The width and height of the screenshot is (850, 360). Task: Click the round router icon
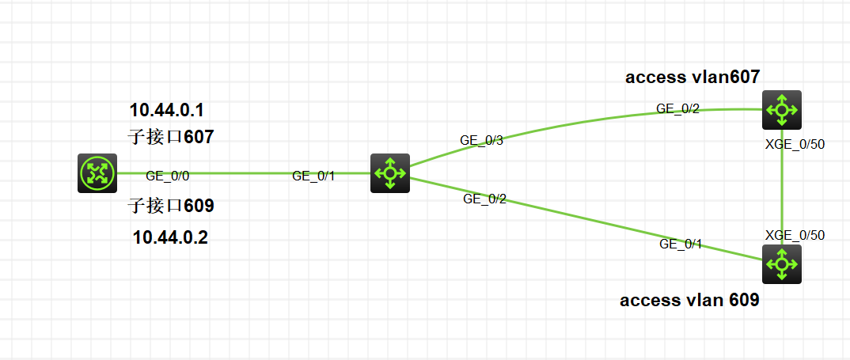pyautogui.click(x=97, y=173)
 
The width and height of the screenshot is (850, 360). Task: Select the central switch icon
pyautogui.click(x=390, y=173)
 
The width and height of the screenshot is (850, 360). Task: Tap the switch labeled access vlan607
pyautogui.click(x=782, y=110)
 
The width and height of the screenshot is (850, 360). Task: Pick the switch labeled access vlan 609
pyautogui.click(x=782, y=263)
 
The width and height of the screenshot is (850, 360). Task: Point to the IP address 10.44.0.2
pyautogui.click(x=170, y=237)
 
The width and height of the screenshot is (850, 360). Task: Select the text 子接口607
pyautogui.click(x=171, y=137)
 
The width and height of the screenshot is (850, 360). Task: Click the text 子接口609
pyautogui.click(x=171, y=207)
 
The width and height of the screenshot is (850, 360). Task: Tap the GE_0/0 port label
pyautogui.click(x=168, y=176)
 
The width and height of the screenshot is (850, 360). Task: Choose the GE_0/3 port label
pyautogui.click(x=482, y=140)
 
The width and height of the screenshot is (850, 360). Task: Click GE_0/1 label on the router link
pyautogui.click(x=313, y=176)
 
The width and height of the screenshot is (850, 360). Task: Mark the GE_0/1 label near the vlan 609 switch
pyautogui.click(x=681, y=244)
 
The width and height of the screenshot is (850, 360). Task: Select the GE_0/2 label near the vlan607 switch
pyautogui.click(x=678, y=109)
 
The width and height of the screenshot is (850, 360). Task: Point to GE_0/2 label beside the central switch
pyautogui.click(x=484, y=199)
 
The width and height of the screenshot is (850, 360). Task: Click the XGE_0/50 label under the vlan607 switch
pyautogui.click(x=795, y=144)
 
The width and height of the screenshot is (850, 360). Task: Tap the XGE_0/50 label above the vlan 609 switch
pyautogui.click(x=795, y=235)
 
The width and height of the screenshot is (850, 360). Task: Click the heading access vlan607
pyautogui.click(x=693, y=77)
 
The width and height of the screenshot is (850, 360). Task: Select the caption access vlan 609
pyautogui.click(x=689, y=301)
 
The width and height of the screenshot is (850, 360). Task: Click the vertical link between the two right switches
pyautogui.click(x=782, y=190)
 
